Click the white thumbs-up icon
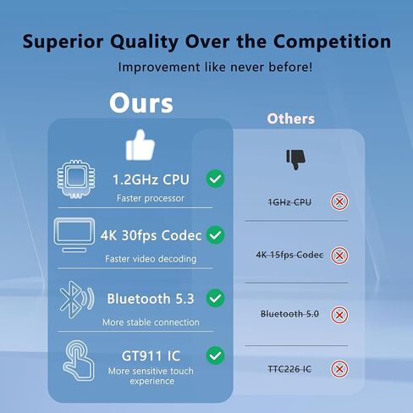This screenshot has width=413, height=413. (140, 146)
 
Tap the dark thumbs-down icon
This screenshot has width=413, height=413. (295, 159)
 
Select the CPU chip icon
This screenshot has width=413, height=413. (76, 179)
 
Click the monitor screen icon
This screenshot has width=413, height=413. (74, 234)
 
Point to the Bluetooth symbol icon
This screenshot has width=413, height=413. (77, 300)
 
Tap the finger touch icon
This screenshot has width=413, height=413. (78, 361)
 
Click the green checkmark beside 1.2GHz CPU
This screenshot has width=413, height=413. (216, 179)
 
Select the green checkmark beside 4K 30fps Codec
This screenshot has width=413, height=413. (216, 234)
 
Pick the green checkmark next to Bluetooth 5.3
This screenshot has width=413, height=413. (216, 298)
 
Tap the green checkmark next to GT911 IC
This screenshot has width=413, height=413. (216, 355)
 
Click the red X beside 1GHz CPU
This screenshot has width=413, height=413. (339, 201)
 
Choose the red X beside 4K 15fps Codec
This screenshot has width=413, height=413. (339, 256)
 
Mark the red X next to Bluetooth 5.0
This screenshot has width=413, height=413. (339, 315)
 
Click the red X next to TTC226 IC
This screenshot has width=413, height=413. (339, 369)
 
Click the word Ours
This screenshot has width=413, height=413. (141, 103)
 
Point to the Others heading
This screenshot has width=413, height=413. (291, 118)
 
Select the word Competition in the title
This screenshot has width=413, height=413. (332, 41)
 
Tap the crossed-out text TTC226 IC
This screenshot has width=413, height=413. (289, 369)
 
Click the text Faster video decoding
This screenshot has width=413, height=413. (151, 259)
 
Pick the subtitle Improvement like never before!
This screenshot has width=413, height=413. (215, 67)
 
